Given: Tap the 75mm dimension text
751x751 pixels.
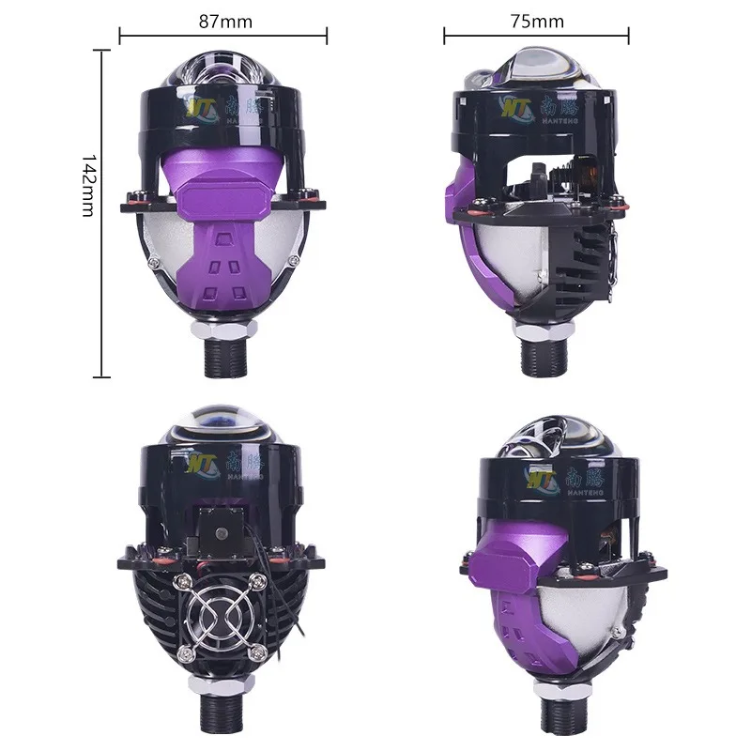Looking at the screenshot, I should [x=538, y=20].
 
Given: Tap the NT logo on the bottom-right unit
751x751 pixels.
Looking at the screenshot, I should [x=542, y=477].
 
